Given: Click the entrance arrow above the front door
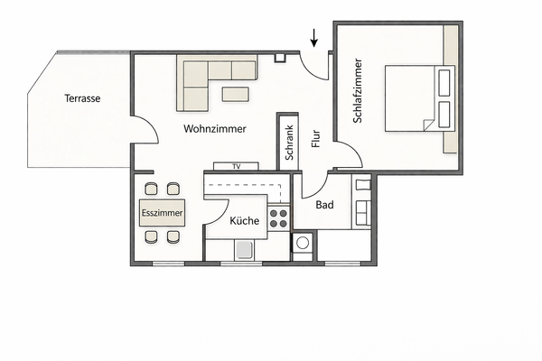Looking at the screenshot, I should pyautogui.click(x=314, y=37).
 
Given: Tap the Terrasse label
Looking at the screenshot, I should pyautogui.click(x=82, y=98).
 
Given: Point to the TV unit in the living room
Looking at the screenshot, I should pyautogui.click(x=237, y=166).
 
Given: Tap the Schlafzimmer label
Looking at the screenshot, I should pyautogui.click(x=358, y=91).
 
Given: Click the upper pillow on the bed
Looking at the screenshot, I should pyautogui.click(x=444, y=83).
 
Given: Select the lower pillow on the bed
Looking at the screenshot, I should pyautogui.click(x=444, y=114).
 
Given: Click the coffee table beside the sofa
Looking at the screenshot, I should pyautogui.click(x=237, y=94).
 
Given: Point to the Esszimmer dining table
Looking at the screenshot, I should pyautogui.click(x=163, y=213).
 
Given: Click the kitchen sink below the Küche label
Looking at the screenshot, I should pyautogui.click(x=244, y=250).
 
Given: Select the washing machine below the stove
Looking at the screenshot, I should pyautogui.click(x=303, y=242).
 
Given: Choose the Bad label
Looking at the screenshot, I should pyautogui.click(x=324, y=205).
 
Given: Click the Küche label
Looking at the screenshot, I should pyautogui.click(x=244, y=221).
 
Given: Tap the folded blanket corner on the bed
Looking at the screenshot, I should pyautogui.click(x=425, y=125).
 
